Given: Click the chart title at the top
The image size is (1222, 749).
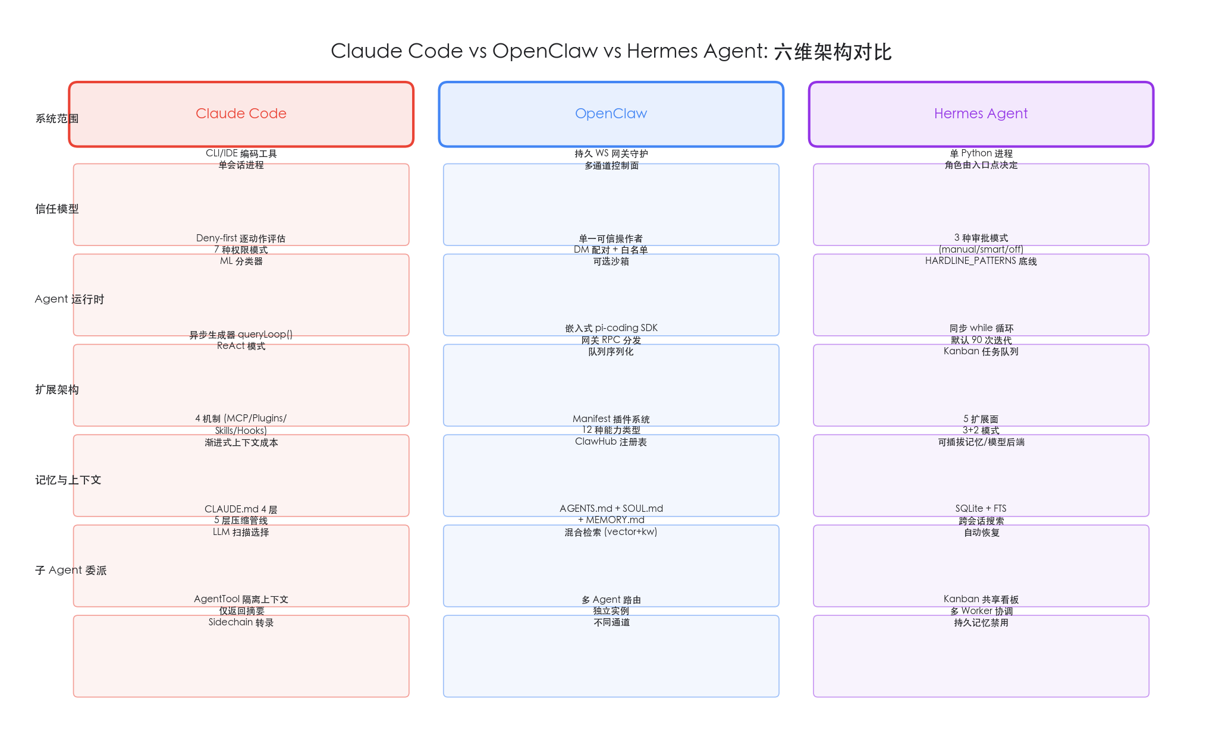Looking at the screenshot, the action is pyautogui.click(x=611, y=51).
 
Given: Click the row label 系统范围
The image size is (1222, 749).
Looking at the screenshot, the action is pyautogui.click(x=57, y=118).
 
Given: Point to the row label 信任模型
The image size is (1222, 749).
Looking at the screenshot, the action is pyautogui.click(x=57, y=209).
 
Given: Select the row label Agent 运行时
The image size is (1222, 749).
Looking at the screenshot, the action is pyautogui.click(x=70, y=299).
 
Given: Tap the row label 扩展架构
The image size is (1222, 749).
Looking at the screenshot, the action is pyautogui.click(x=57, y=389).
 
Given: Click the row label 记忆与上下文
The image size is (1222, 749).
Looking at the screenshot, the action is pyautogui.click(x=68, y=480).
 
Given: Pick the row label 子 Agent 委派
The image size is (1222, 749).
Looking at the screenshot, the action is pyautogui.click(x=71, y=570).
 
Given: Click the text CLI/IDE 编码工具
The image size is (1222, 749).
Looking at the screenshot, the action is pyautogui.click(x=241, y=153).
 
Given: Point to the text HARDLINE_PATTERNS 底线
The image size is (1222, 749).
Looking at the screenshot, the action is pyautogui.click(x=981, y=261).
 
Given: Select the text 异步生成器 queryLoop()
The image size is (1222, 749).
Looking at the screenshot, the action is pyautogui.click(x=241, y=335).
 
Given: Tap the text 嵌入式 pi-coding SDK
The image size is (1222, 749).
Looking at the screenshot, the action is pyautogui.click(x=611, y=328).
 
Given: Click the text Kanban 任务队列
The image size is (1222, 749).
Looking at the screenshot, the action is pyautogui.click(x=981, y=351).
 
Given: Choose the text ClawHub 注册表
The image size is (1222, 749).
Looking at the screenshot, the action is pyautogui.click(x=611, y=442).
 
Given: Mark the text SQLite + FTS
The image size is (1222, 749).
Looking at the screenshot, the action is pyautogui.click(x=981, y=509).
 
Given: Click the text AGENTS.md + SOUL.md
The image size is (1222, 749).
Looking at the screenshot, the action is pyautogui.click(x=611, y=509).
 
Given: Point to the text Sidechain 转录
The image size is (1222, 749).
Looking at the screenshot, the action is pyautogui.click(x=241, y=622).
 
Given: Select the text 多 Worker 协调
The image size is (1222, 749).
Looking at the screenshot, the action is pyautogui.click(x=981, y=611).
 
